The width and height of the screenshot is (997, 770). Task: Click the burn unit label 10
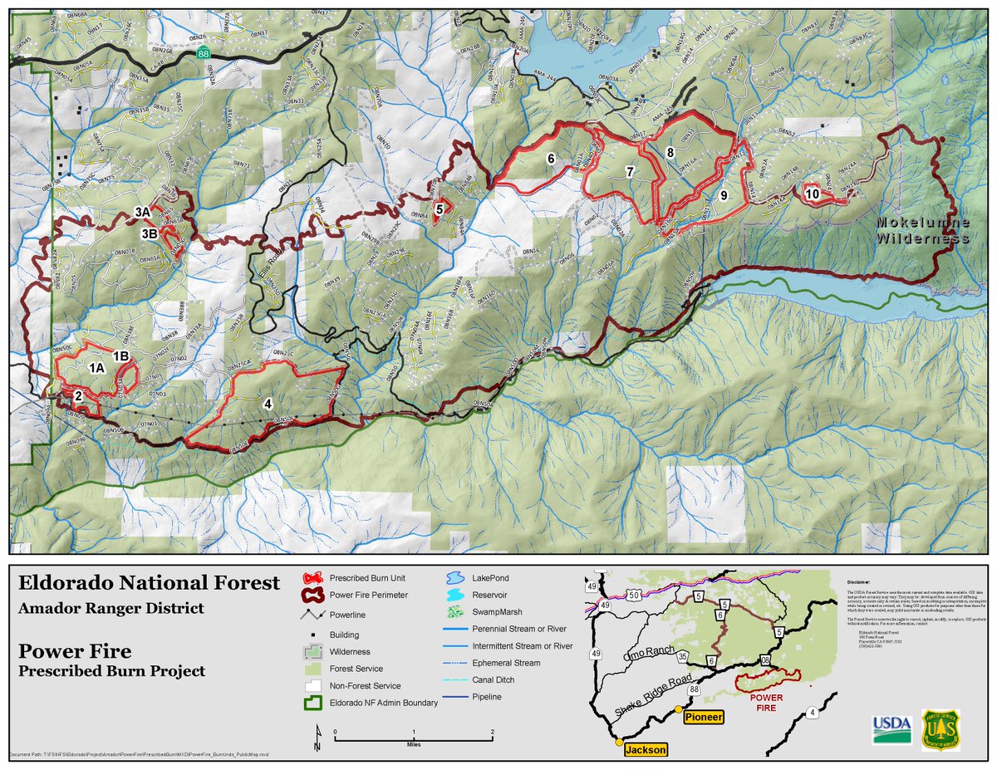[813, 194]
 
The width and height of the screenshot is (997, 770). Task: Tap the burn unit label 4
[268, 404]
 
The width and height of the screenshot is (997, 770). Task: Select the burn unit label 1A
[96, 367]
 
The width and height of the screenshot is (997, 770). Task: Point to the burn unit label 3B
[150, 234]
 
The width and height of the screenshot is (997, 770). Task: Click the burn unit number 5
[439, 209]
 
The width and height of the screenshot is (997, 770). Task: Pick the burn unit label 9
[724, 195]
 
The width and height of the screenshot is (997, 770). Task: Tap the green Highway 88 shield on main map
[204, 53]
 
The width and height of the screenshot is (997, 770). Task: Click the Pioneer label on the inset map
[708, 716]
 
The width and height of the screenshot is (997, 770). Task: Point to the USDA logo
[890, 729]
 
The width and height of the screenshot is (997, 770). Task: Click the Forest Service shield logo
[940, 729]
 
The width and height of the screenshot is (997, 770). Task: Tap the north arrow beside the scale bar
[317, 738]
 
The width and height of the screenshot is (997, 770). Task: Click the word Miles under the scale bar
[413, 744]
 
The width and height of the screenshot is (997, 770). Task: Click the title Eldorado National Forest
[149, 582]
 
